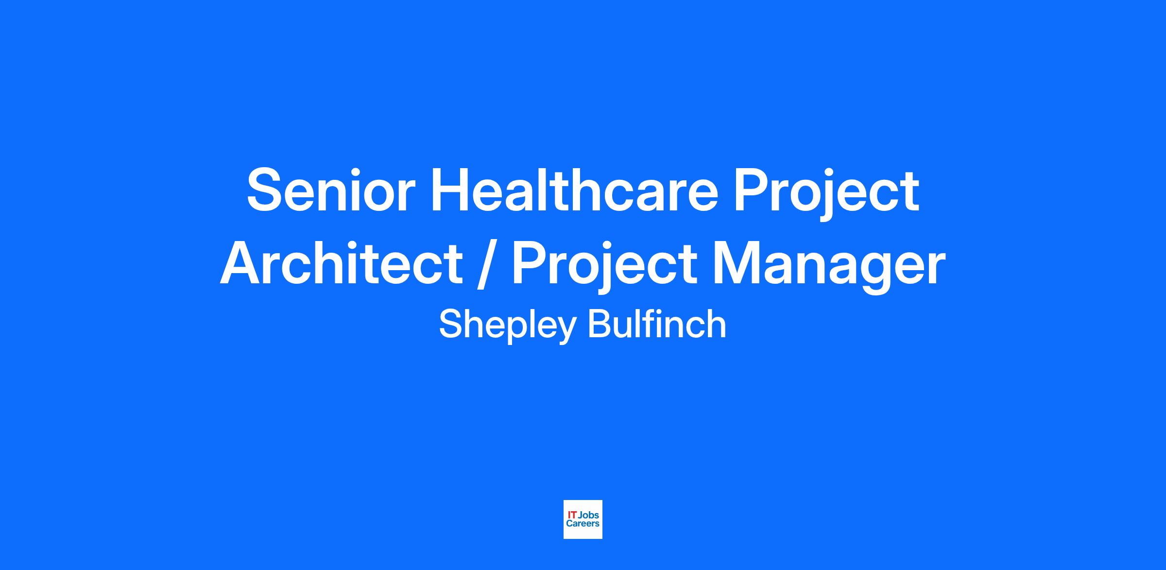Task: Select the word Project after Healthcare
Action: pos(826,195)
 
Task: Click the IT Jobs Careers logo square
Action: pos(583,519)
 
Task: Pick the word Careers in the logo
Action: pos(583,524)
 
